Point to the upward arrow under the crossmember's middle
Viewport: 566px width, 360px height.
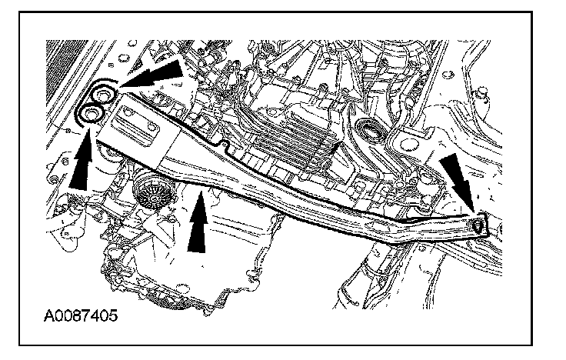tap(197, 223)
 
